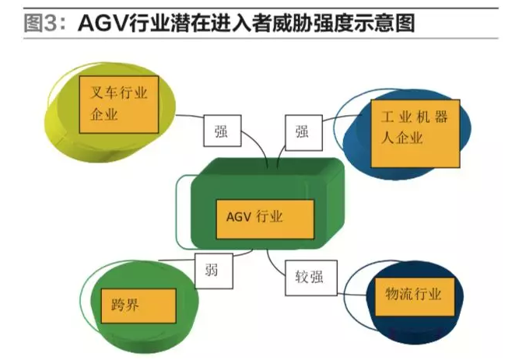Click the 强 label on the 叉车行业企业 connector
pyautogui.click(x=222, y=131)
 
